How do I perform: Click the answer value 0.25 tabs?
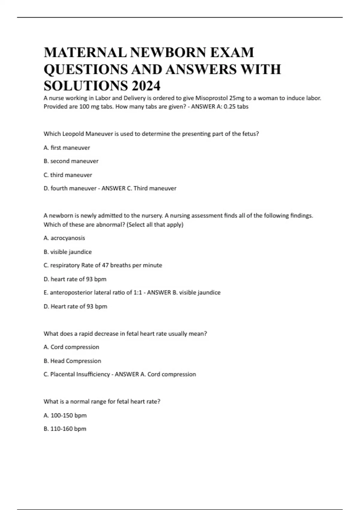pos(236,106)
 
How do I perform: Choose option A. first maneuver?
pos(67,148)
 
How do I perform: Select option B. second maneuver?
pos(71,161)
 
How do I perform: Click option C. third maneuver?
pos(68,175)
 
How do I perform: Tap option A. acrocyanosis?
pos(64,238)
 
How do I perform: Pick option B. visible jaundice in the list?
pos(67,252)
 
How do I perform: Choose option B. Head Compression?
pos(72,361)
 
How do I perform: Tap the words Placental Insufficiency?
pos(80,374)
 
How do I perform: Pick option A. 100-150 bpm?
pos(65,415)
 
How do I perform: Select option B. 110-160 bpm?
pos(65,429)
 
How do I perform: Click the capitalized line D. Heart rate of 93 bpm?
pos(75,306)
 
